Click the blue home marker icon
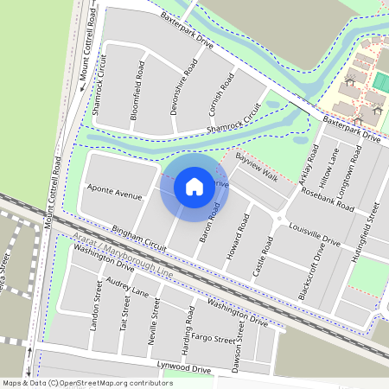(194, 186)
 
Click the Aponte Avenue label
(113, 192)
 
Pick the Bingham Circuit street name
(137, 240)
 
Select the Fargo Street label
(212, 337)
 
